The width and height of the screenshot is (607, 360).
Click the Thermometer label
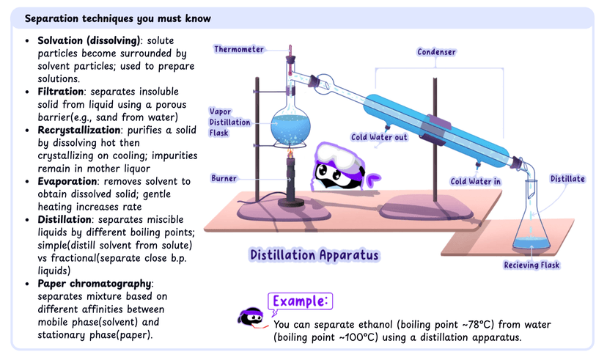239,49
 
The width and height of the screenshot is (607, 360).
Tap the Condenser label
437,52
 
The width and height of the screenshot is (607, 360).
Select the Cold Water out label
379,137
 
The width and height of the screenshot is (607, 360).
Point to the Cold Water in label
476,181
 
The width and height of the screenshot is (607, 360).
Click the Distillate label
567,179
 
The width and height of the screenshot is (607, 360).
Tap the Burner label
224,178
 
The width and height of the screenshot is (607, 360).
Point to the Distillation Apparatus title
314,254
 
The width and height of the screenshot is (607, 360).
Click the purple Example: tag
301,301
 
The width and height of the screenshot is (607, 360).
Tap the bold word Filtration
59,92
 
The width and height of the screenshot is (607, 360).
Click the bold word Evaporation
67,180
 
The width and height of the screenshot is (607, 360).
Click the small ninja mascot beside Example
251,315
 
